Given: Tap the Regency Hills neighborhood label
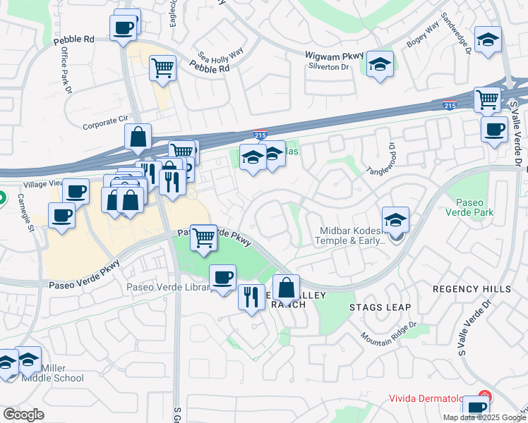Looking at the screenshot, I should tap(472, 290).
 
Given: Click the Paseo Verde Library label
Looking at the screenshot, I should tap(169, 287).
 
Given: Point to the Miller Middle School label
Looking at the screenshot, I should tap(63, 373).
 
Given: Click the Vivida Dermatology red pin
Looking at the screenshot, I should tap(484, 398).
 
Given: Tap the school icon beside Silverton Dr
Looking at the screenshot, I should tap(380, 65).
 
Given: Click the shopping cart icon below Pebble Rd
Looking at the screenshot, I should tap(163, 68).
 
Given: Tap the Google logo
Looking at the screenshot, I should tap(24, 415).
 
